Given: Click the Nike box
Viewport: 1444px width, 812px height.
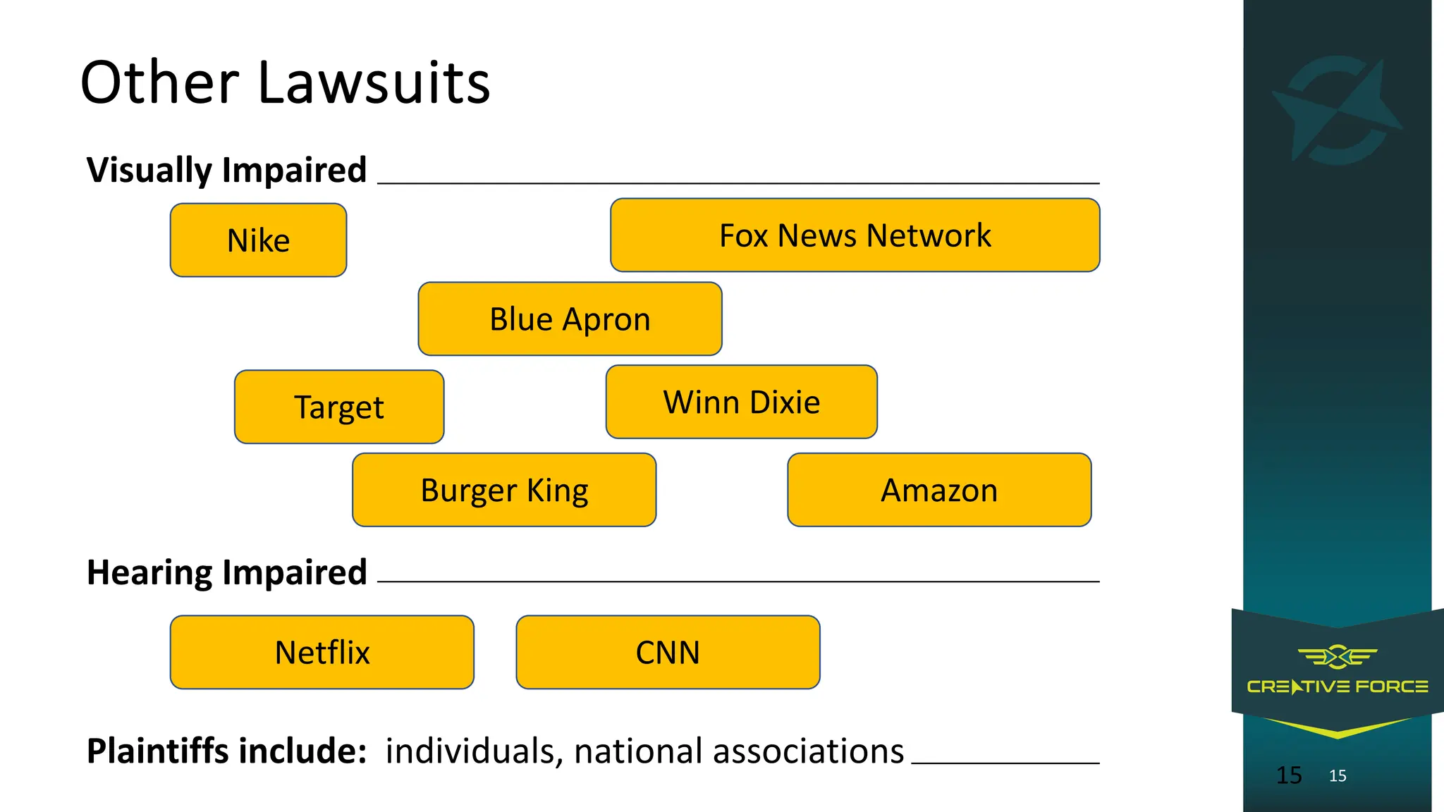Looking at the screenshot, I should (x=258, y=240).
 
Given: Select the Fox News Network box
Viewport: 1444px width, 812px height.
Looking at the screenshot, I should (x=855, y=235).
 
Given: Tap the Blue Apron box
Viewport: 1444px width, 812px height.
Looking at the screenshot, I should (x=570, y=319).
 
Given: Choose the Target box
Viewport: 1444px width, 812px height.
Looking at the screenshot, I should (x=339, y=407).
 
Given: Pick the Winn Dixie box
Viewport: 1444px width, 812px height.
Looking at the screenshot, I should (x=741, y=402).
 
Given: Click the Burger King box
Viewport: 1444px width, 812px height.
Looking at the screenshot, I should (x=504, y=490).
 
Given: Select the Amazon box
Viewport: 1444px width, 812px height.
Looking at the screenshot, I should (x=939, y=490).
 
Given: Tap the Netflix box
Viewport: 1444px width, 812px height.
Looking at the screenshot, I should (x=322, y=652).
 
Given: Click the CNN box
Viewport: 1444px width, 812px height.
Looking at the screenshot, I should (x=668, y=652).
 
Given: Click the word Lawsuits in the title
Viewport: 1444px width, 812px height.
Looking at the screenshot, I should (x=374, y=83).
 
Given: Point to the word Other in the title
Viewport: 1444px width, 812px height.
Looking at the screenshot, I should (x=160, y=83).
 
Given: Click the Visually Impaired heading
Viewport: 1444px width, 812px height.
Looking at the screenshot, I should (x=226, y=170).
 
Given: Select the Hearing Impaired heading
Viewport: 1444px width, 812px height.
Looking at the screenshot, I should (x=226, y=572).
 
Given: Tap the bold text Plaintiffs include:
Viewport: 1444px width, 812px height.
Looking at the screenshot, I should (x=226, y=751).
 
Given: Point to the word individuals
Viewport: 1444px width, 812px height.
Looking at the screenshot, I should (x=473, y=751).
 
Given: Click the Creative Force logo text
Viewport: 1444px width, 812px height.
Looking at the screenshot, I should (x=1338, y=687).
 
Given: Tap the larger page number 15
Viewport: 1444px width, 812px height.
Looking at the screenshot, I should (x=1289, y=775).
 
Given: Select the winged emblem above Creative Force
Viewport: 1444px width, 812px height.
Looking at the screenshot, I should (x=1338, y=657).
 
